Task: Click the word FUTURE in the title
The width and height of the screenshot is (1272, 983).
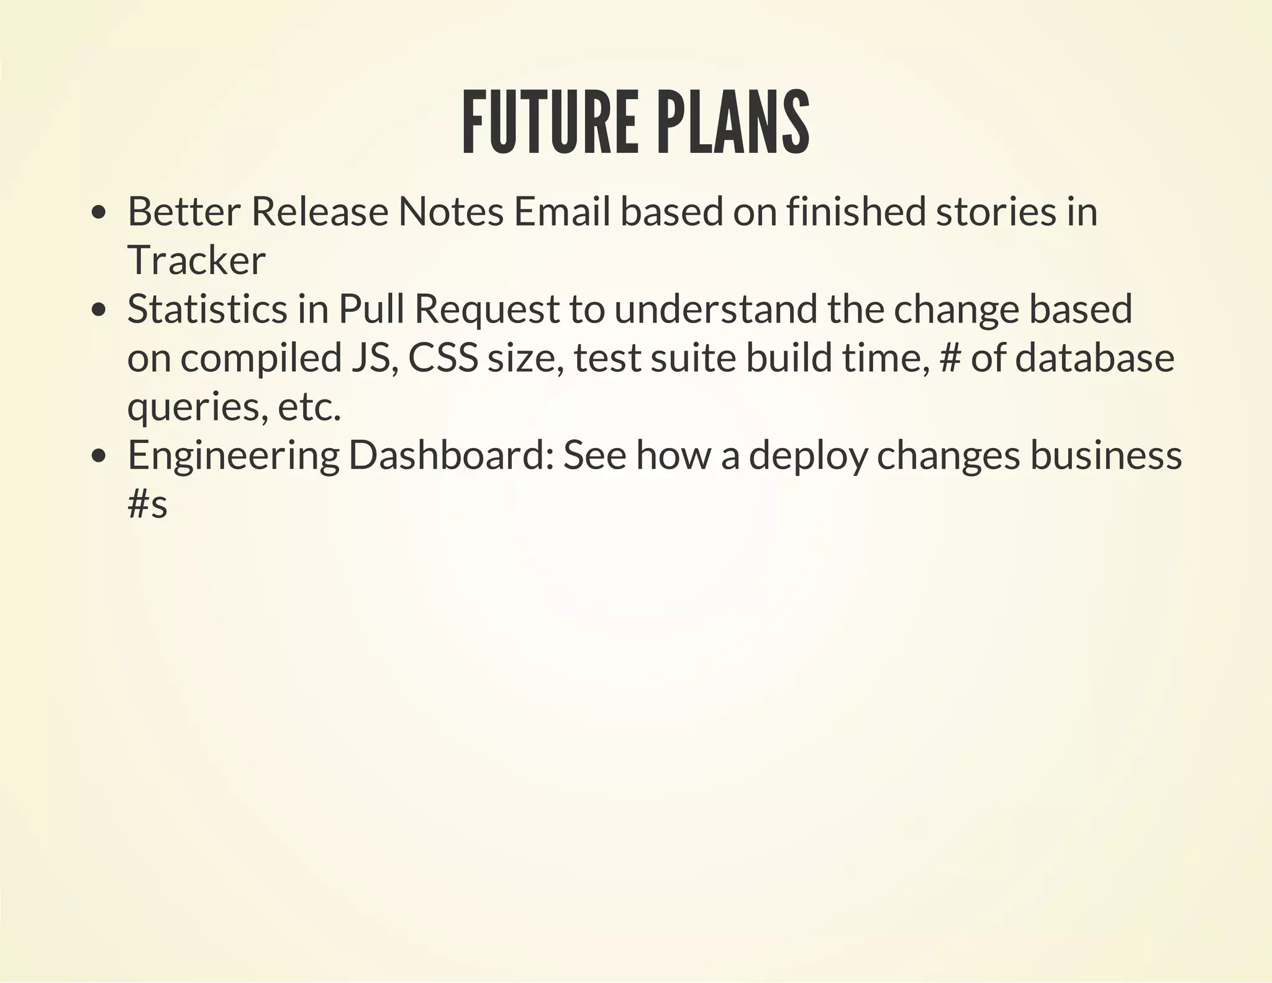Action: (x=550, y=122)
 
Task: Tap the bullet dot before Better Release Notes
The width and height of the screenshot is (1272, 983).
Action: (x=98, y=213)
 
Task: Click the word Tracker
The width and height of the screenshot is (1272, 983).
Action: (x=196, y=260)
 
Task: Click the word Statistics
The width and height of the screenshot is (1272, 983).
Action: (x=207, y=309)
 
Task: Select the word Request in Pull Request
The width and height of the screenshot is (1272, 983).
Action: (x=487, y=310)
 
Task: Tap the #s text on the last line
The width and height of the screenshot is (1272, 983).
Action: (x=147, y=504)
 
